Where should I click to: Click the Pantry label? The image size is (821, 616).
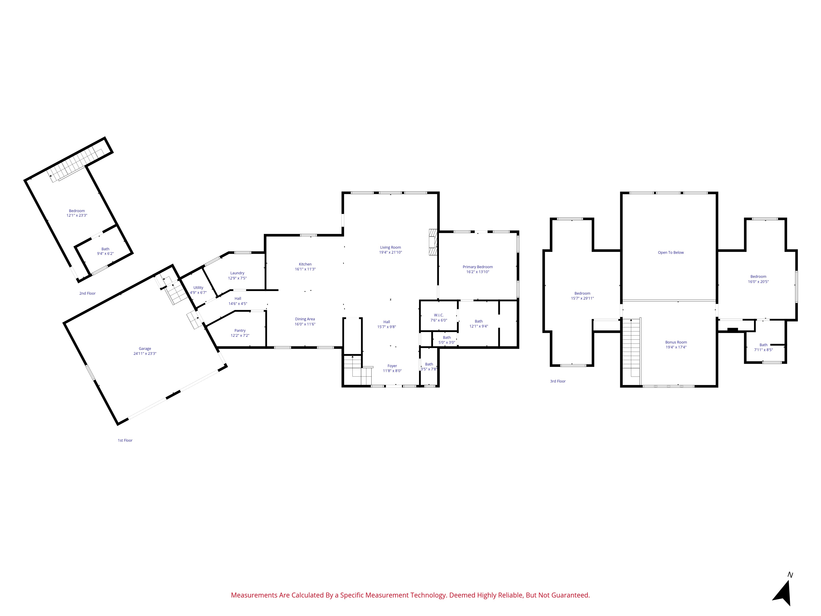coord(240,330)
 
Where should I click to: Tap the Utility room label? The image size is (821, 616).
coord(198,288)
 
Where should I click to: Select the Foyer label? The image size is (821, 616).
coord(392,366)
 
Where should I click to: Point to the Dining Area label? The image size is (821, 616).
coord(305,319)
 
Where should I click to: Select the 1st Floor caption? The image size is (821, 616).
coord(125,440)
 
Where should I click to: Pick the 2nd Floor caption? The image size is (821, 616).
coord(87,293)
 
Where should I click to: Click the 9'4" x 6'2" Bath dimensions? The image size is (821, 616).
coord(105,254)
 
